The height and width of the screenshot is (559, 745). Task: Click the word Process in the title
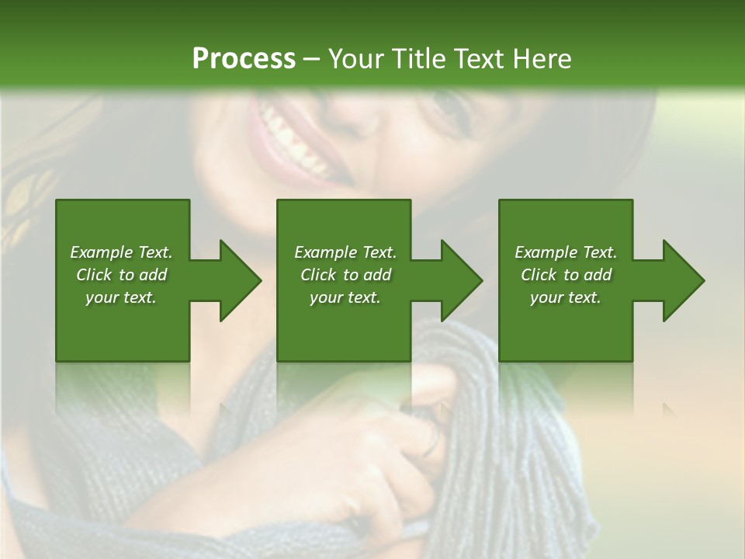pyautogui.click(x=244, y=59)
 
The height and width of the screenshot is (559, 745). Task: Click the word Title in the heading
pyautogui.click(x=419, y=59)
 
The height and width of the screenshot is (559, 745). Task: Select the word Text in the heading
pyautogui.click(x=476, y=59)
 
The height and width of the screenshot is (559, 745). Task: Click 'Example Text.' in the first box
pyautogui.click(x=121, y=252)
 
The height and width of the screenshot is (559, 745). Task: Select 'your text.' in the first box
pyautogui.click(x=121, y=297)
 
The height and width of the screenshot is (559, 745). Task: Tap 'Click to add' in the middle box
pyautogui.click(x=345, y=275)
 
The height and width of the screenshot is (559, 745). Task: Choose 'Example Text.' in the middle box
pyautogui.click(x=345, y=252)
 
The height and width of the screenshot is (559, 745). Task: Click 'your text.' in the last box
pyautogui.click(x=566, y=297)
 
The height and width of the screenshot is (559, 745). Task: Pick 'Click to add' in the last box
pyautogui.click(x=566, y=275)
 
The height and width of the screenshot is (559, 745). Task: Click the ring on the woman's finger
pyautogui.click(x=431, y=445)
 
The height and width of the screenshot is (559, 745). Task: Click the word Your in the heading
pyautogui.click(x=357, y=59)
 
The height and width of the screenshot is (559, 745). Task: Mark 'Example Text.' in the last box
pyautogui.click(x=566, y=252)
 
